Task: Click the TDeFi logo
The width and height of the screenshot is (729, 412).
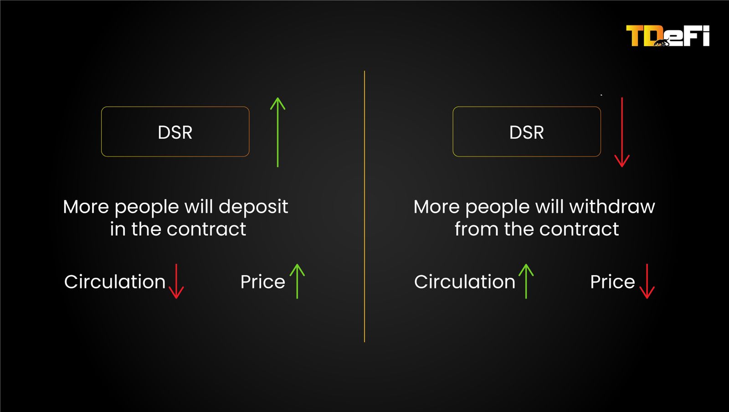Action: [x=667, y=36]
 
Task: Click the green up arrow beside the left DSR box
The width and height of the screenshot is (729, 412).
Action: [x=277, y=132]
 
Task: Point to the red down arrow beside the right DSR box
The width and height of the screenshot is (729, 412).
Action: [x=622, y=132]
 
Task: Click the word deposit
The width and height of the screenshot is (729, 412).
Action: [x=253, y=207]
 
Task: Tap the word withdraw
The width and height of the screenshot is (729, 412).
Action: [x=612, y=206]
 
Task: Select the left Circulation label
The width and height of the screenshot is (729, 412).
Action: [x=115, y=282]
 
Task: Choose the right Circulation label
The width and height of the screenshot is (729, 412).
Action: [x=465, y=282]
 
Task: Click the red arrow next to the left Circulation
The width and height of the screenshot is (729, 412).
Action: [x=176, y=281]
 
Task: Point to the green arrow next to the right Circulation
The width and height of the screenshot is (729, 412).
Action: [x=526, y=281]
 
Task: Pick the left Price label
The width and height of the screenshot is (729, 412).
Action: [x=262, y=282]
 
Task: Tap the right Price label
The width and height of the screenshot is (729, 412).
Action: [x=612, y=282]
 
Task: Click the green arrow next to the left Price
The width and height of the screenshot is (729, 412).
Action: [x=297, y=281]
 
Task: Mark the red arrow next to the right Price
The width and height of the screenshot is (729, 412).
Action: [x=647, y=281]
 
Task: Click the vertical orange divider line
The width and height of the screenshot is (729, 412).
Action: [x=364, y=206]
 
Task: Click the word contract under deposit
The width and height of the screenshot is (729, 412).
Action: [x=206, y=229]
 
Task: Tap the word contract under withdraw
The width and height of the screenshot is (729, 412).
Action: [x=579, y=229]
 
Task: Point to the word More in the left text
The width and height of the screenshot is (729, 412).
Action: [x=86, y=206]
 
